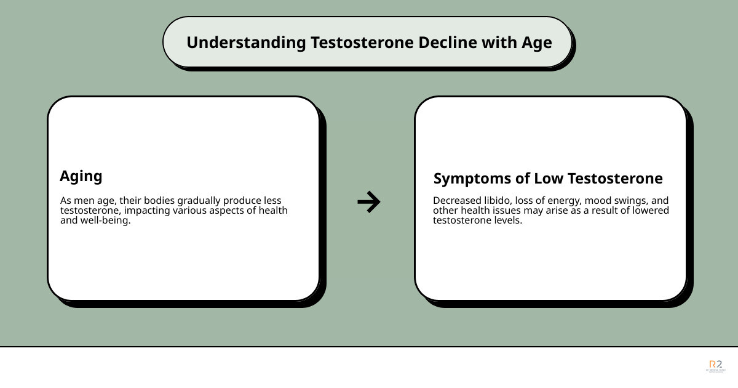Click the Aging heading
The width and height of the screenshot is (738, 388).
pyautogui.click(x=81, y=176)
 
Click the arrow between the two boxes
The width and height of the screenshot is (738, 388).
pyautogui.click(x=368, y=201)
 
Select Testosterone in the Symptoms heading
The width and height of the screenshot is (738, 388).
pyautogui.click(x=615, y=179)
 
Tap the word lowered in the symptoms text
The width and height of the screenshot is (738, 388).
pyautogui.click(x=651, y=211)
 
